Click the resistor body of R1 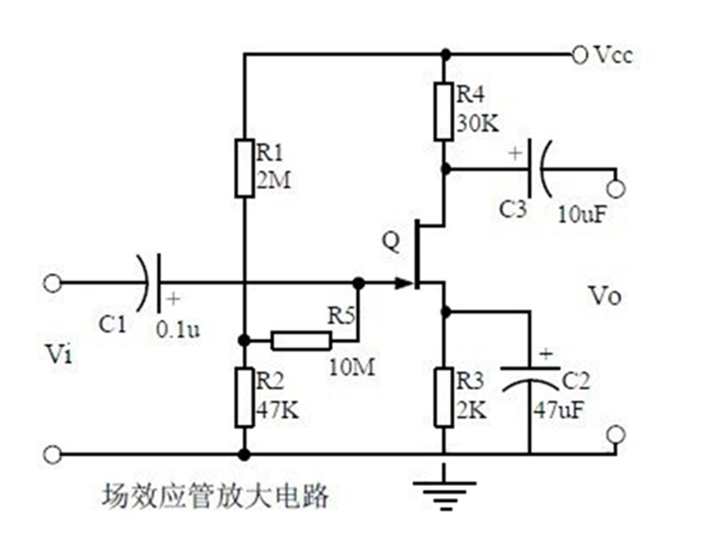click(244, 169)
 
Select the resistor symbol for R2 click(244, 397)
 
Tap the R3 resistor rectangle click(445, 397)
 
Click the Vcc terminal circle click(579, 55)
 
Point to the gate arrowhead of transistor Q click(403, 284)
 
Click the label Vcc click(613, 55)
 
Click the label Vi click(59, 355)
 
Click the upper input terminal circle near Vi click(52, 284)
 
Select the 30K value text click(477, 123)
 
